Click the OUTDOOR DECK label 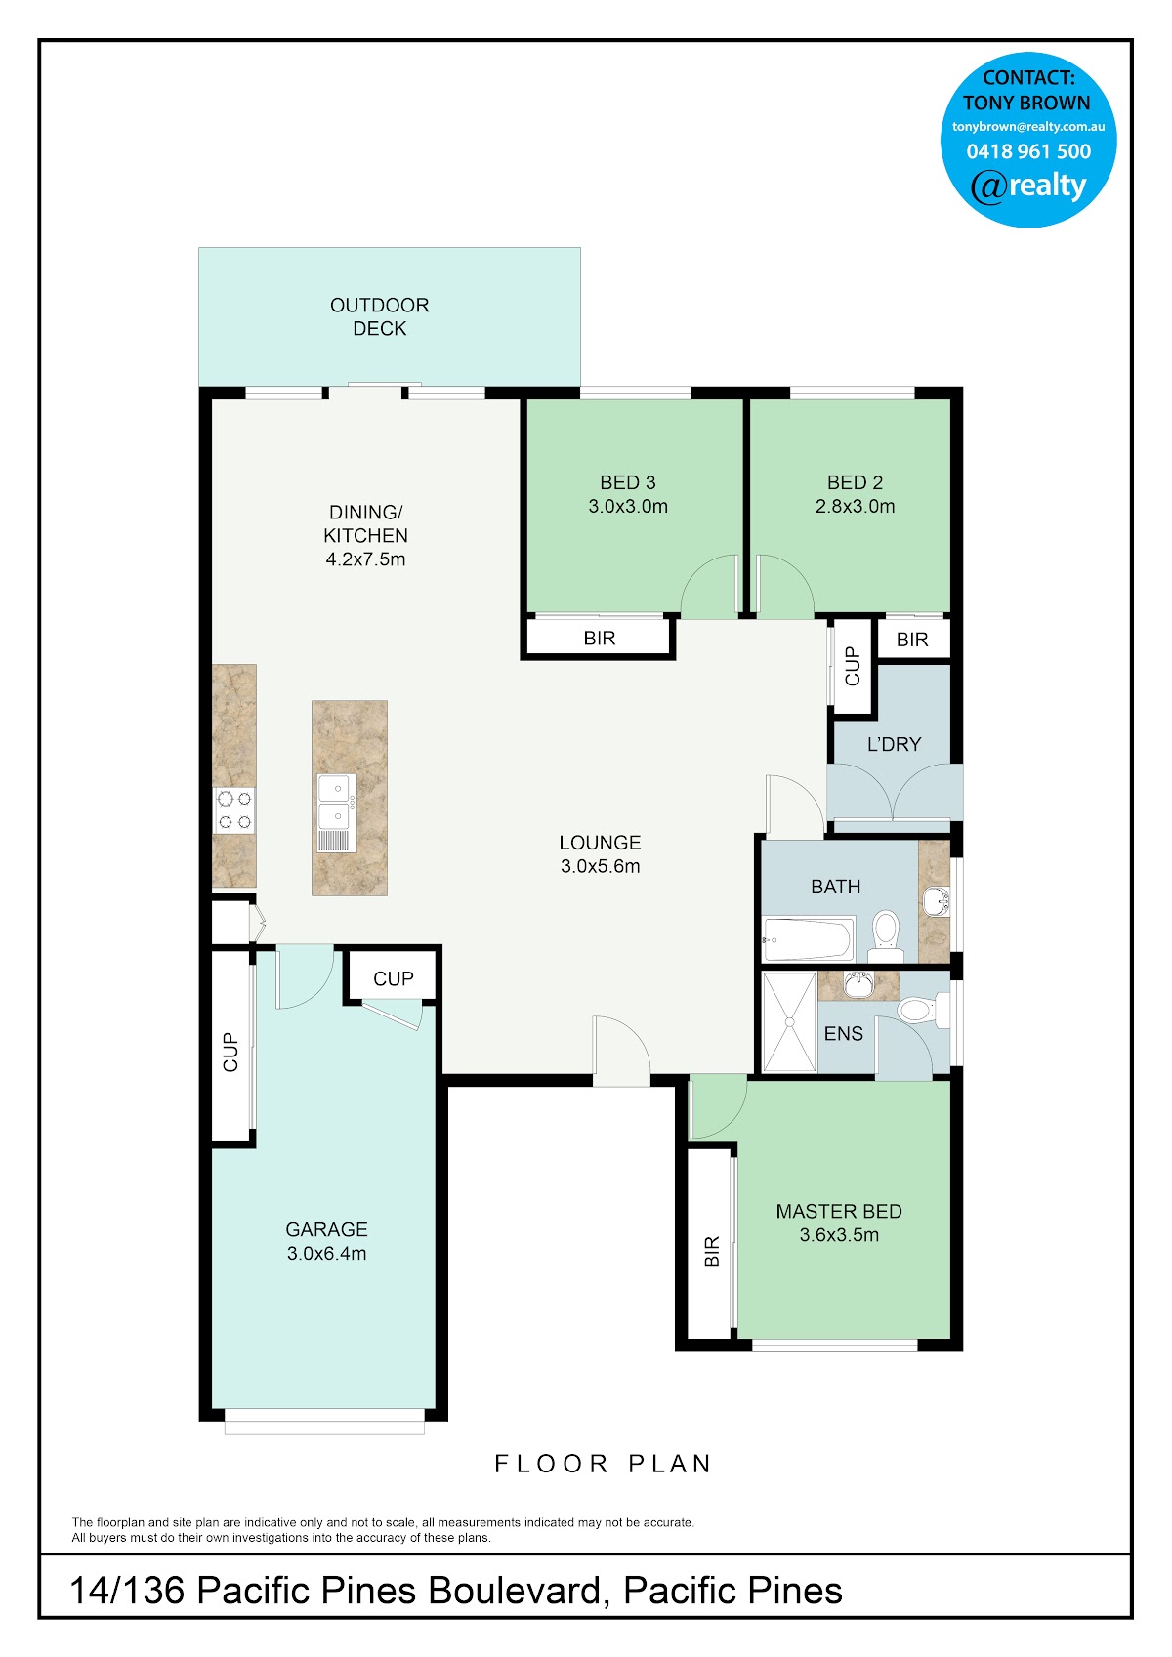coord(380,316)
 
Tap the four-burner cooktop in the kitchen coord(233,810)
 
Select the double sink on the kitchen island coord(337,813)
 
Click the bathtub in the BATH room coord(808,939)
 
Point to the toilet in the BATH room coord(886,936)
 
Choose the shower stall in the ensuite coord(789,1022)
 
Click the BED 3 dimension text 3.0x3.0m coord(628,507)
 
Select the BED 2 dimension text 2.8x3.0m coord(856,507)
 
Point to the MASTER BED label coord(839,1212)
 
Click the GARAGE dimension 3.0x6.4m coord(326,1254)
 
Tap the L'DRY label coord(894,744)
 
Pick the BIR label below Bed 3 coord(600,639)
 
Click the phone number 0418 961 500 coord(1028,151)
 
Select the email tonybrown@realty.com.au coord(1028,127)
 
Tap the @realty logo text coord(1028,186)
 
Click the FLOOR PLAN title coord(603,1464)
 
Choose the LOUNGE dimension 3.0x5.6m coord(600,866)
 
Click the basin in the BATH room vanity coord(937,902)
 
